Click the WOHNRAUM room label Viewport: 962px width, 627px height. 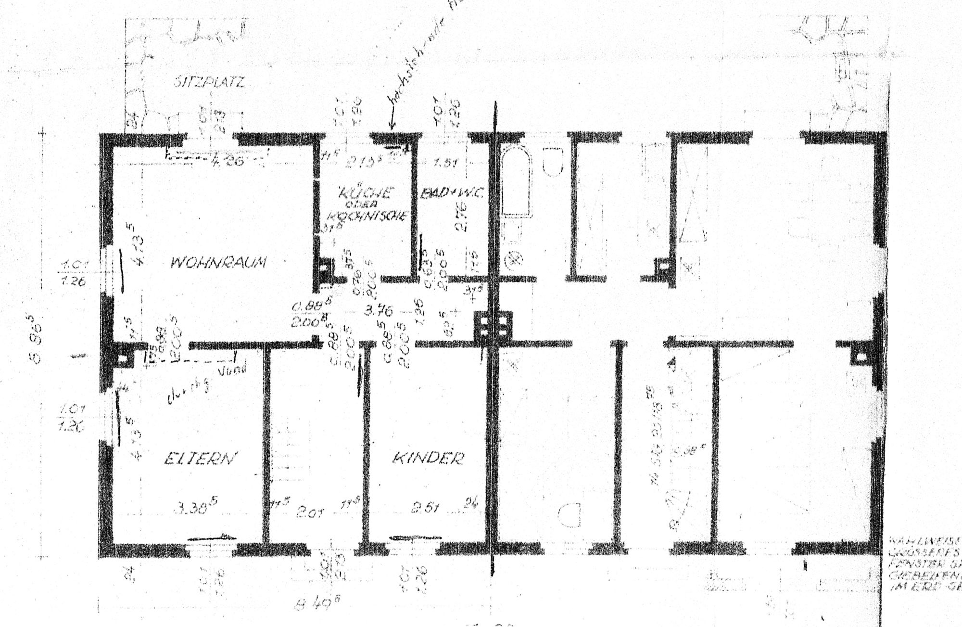pos(219,262)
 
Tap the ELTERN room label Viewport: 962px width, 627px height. pos(201,458)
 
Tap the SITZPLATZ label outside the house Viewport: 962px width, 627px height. pos(209,82)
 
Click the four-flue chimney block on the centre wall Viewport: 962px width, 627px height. pos(493,327)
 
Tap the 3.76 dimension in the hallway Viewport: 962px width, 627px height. pos(378,311)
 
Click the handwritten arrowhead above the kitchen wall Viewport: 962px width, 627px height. pos(392,127)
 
